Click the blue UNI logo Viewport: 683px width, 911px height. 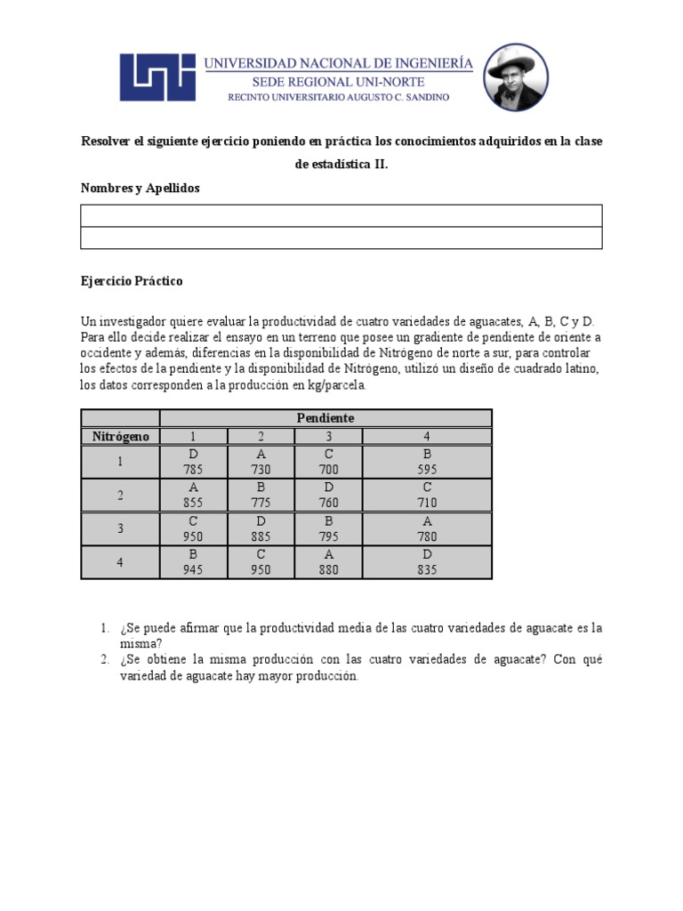coord(158,77)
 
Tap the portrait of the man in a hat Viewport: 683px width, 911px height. coord(516,77)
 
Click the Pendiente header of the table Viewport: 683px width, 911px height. coord(325,418)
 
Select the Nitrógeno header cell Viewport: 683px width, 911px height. coord(121,436)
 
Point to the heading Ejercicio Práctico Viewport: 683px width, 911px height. coord(132,281)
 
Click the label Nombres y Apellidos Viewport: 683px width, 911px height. coord(140,189)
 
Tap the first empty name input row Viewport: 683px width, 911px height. coord(341,216)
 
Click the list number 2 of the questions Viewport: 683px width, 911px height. coord(104,659)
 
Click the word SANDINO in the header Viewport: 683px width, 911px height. coord(425,96)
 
